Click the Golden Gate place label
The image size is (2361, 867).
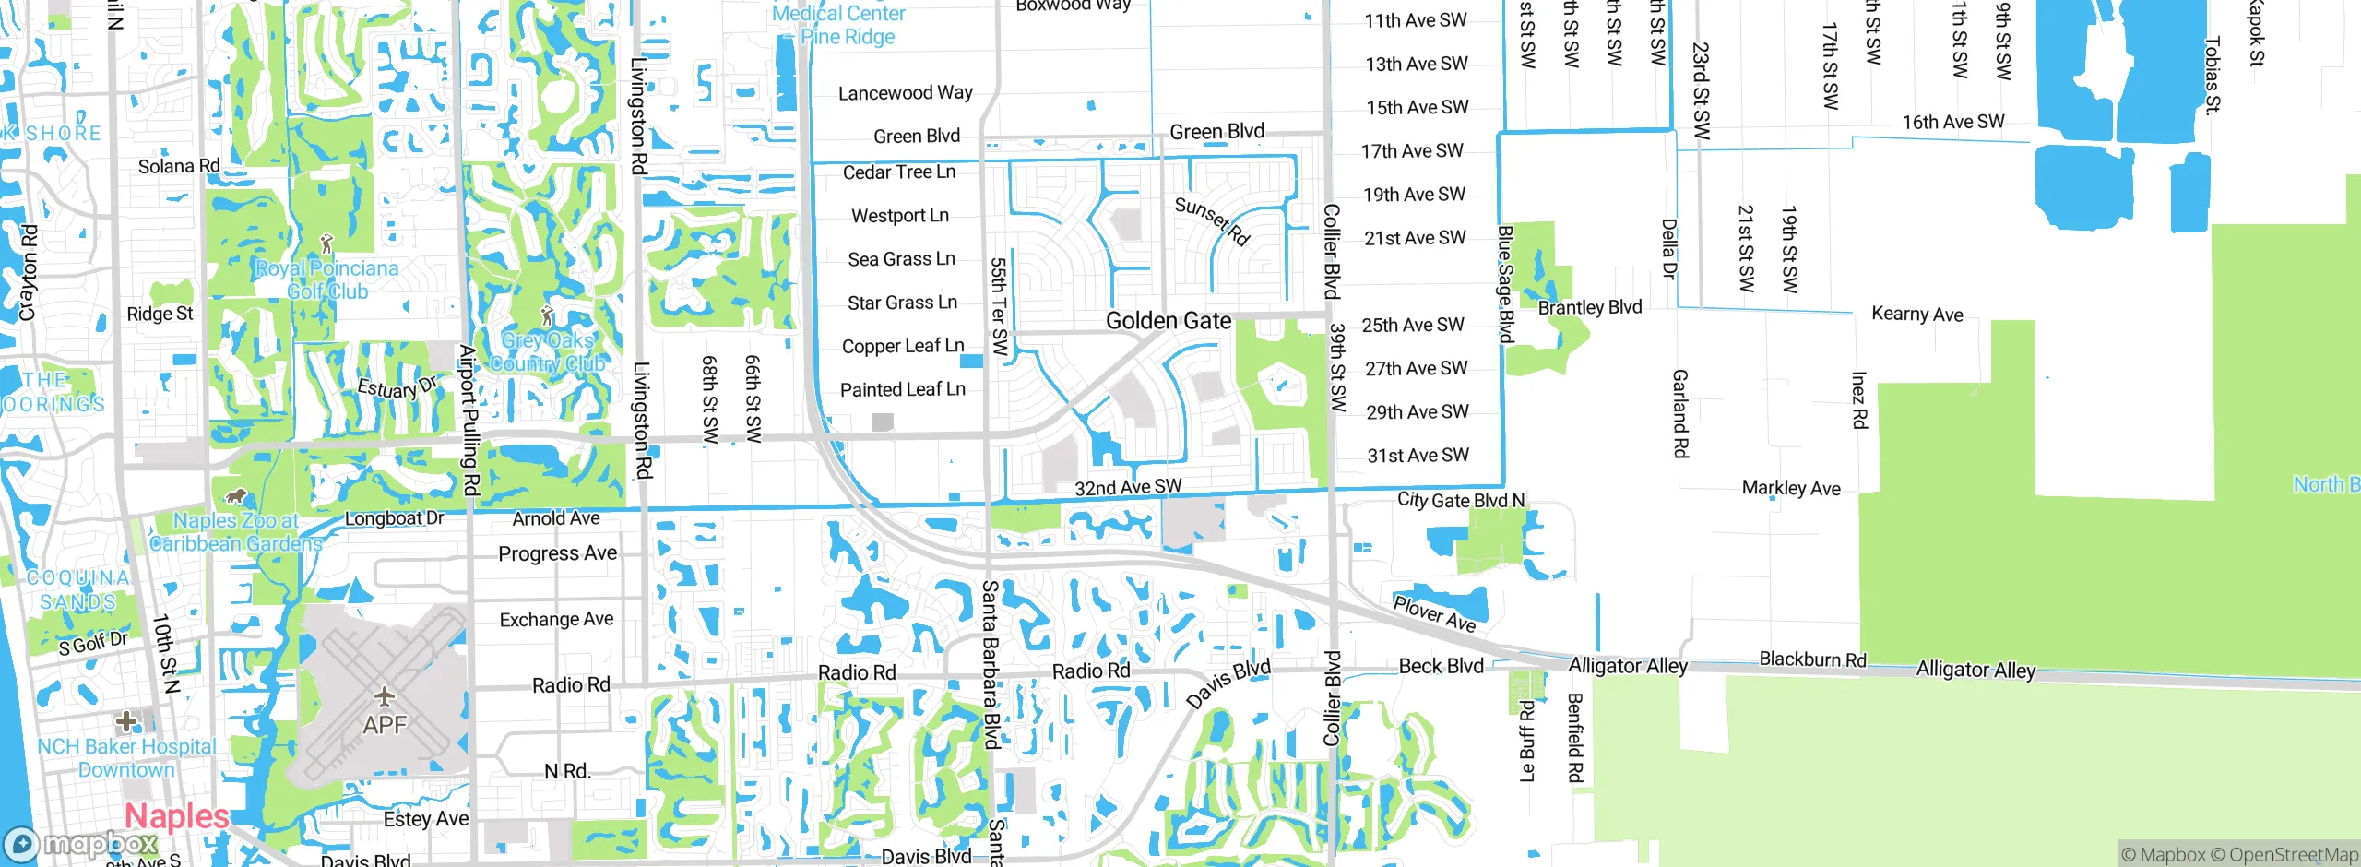[1168, 321]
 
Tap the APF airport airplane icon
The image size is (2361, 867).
[385, 695]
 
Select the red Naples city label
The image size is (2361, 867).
[176, 816]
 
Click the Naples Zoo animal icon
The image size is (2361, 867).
[236, 496]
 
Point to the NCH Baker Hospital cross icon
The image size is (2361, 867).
[126, 720]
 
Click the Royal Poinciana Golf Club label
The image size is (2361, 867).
[326, 279]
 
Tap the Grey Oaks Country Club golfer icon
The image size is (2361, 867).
[547, 315]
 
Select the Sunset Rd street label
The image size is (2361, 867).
[1212, 221]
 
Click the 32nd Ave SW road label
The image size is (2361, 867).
[1127, 487]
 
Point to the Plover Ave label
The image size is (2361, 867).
[1433, 613]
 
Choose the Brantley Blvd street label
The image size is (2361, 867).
[1589, 307]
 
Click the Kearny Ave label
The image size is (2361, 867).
[1916, 314]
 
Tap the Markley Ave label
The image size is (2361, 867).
[1790, 488]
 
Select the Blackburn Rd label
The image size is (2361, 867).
[1812, 659]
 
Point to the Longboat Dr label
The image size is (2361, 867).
[394, 518]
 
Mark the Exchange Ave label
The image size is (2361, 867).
[556, 620]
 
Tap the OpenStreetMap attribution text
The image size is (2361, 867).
[2293, 855]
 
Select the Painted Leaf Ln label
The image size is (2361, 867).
[902, 389]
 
